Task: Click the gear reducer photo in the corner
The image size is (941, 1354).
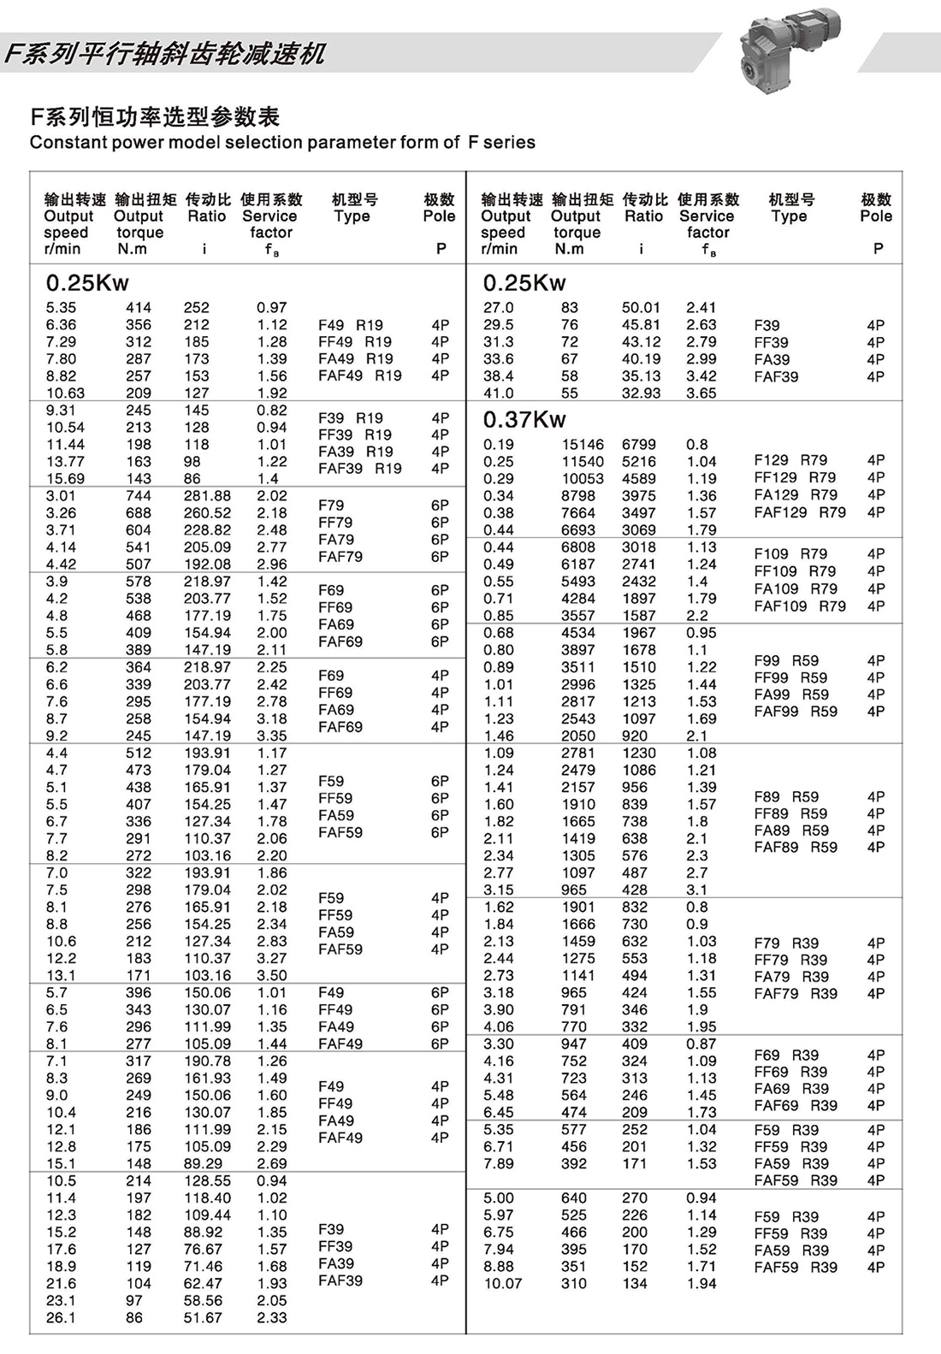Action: point(787,47)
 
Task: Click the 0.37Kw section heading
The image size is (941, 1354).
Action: point(524,419)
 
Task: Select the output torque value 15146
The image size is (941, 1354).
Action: point(583,445)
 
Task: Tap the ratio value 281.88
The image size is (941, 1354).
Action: point(207,496)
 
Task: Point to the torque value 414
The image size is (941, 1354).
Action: point(139,308)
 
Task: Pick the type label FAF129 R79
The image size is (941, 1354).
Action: point(800,512)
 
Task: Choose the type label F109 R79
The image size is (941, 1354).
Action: point(795,553)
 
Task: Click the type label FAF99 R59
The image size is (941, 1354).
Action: point(796,711)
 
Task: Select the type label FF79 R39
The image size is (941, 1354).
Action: point(791,960)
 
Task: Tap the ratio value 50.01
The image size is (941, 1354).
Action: point(641,308)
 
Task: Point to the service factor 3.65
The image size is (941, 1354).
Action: point(701,393)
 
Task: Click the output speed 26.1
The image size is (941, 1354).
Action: point(61,1318)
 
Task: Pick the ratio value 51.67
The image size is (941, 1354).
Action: point(203,1318)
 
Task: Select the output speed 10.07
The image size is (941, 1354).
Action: point(502,1284)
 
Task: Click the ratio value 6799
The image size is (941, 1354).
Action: point(639,445)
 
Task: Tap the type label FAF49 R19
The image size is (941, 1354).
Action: point(359,375)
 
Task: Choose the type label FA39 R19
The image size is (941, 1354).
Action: point(355,452)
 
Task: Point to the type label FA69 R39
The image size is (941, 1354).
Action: point(791,1089)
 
